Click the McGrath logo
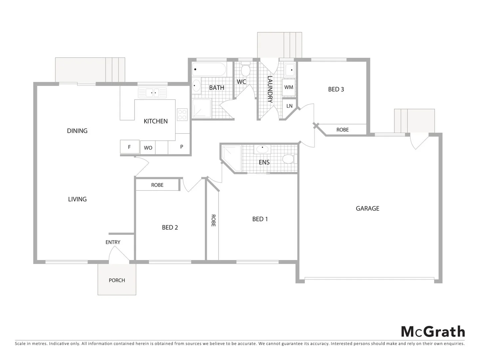[432, 332]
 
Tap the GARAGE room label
[367, 208]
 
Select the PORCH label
[117, 280]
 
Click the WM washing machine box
[288, 87]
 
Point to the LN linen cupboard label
[289, 106]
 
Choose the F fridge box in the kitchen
[130, 147]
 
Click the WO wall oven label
[148, 148]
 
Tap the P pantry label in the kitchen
[182, 147]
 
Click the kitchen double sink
[152, 92]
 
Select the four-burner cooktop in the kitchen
[182, 115]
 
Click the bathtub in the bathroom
[209, 70]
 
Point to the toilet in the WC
[245, 70]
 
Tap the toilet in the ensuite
[288, 159]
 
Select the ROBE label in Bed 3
[342, 130]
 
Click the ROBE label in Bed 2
[157, 185]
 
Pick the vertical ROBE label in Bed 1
[213, 220]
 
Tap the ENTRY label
[113, 242]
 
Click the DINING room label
[77, 131]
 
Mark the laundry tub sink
[289, 70]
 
